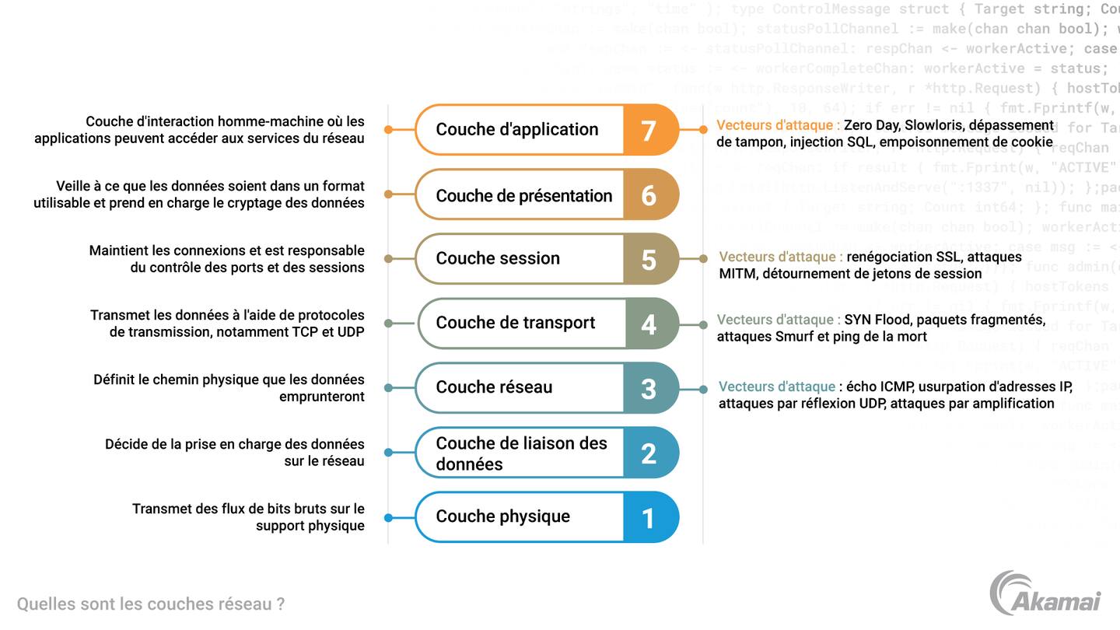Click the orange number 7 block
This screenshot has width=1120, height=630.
649,130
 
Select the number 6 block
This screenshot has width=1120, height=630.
649,195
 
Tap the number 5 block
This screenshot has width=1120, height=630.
649,259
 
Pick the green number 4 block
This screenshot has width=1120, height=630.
649,324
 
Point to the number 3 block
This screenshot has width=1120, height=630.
649,388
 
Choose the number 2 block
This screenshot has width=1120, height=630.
649,453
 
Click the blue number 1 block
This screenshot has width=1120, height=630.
649,517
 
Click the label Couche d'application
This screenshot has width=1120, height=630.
516,130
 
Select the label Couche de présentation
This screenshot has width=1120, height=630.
523,196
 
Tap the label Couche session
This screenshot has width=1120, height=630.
497,258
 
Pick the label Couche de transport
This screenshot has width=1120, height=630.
515,323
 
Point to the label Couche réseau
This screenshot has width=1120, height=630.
494,387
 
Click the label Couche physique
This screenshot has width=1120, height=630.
502,516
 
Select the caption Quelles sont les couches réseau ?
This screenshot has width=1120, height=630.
150,604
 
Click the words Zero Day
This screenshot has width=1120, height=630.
870,125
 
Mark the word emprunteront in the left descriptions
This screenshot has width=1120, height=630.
321,397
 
